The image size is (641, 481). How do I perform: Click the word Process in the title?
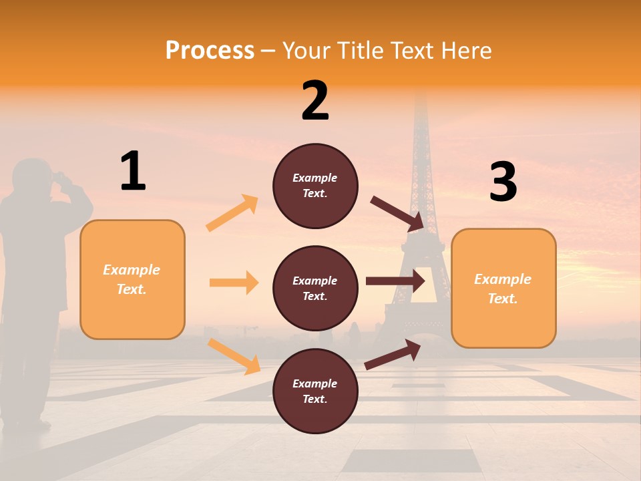tap(210, 50)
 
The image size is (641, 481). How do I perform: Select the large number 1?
tap(133, 172)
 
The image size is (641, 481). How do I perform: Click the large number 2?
tap(315, 101)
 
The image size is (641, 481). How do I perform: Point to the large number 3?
tap(503, 182)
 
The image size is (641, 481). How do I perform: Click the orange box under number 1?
tap(132, 279)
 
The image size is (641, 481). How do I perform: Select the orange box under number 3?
tap(503, 288)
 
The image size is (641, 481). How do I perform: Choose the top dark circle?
tap(315, 186)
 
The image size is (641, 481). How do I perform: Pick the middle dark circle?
tap(315, 288)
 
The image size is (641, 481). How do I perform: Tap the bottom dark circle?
tap(315, 391)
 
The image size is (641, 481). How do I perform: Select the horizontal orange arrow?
tap(234, 283)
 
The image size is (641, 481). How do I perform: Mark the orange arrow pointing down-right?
tap(234, 355)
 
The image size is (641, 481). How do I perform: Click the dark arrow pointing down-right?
tap(398, 214)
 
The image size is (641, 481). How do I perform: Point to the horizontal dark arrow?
tap(395, 281)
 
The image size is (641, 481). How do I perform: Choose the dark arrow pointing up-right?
tap(393, 354)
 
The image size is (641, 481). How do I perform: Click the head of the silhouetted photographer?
tap(33, 177)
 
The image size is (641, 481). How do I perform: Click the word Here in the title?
tap(467, 50)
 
